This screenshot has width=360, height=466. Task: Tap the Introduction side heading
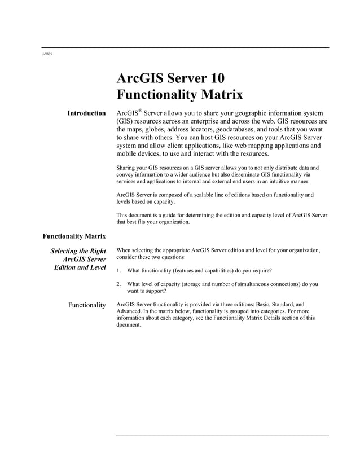(x=86, y=113)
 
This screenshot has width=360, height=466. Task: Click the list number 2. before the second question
(x=118, y=284)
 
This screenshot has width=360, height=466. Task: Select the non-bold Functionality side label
(x=87, y=305)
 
